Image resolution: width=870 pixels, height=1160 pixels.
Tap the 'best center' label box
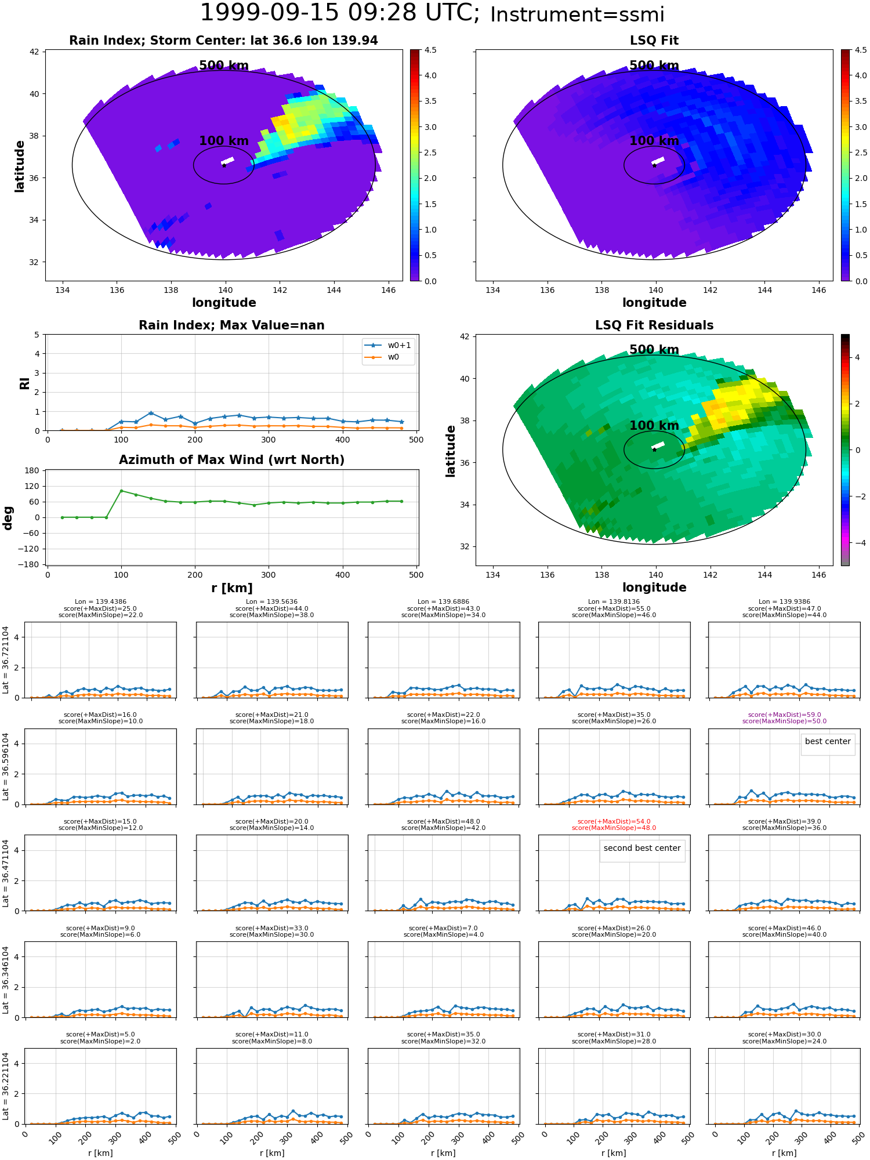coord(828,742)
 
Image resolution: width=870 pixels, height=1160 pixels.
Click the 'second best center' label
coord(642,849)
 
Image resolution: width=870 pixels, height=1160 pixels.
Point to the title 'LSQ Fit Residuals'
coord(654,325)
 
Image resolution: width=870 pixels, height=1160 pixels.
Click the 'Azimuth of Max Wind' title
coord(231,460)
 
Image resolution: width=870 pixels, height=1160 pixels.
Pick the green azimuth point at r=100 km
coord(121,491)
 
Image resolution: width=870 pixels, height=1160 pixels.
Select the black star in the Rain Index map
coord(224,165)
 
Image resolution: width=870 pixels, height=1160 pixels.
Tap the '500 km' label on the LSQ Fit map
coord(654,66)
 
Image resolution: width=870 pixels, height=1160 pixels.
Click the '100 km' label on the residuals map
coord(654,426)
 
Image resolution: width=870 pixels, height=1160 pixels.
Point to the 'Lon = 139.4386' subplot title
coord(100,602)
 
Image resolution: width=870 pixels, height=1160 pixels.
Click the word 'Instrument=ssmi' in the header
coord(577,15)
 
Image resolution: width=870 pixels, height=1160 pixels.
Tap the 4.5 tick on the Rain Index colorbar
coord(430,50)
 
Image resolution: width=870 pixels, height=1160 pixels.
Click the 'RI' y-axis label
coord(24,383)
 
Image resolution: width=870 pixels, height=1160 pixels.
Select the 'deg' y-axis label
coord(8,517)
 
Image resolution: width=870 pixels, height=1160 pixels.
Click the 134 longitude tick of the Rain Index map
coord(62,290)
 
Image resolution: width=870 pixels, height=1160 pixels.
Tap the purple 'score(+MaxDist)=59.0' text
coord(784,715)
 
